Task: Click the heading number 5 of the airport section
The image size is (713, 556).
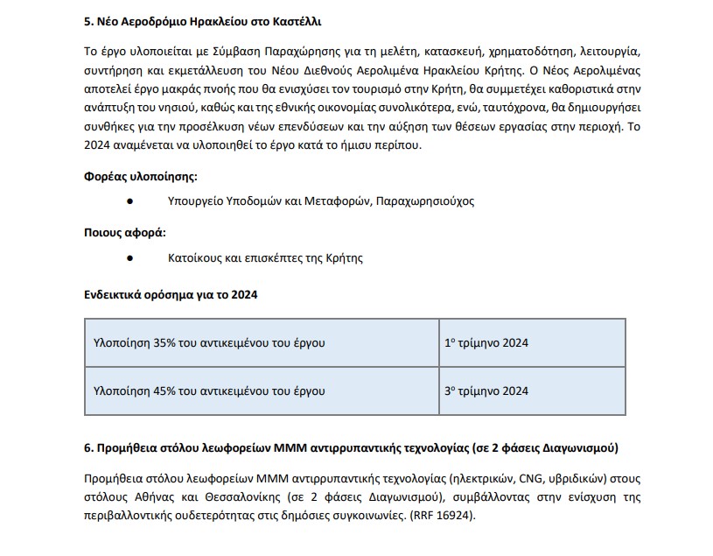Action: [88, 19]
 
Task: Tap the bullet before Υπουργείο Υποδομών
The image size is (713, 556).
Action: [129, 201]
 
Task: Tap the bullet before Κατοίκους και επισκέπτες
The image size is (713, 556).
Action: [129, 258]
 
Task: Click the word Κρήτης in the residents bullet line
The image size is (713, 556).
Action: [345, 258]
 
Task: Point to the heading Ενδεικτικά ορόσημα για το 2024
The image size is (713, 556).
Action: [171, 295]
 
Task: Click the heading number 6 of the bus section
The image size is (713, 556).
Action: [88, 448]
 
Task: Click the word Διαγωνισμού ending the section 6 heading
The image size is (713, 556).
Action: [579, 448]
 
